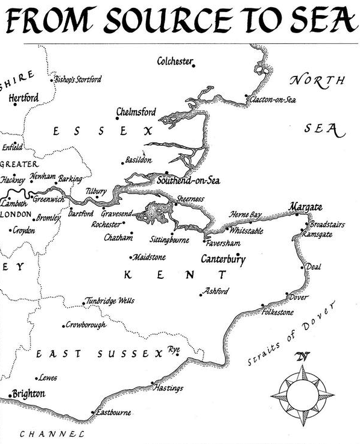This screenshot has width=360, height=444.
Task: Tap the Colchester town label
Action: coord(174,61)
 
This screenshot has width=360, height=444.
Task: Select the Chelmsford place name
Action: coord(136,113)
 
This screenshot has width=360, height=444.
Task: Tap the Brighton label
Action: coord(28,393)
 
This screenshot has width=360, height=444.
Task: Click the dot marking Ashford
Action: coord(200,295)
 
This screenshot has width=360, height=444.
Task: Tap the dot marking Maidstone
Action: coord(131,257)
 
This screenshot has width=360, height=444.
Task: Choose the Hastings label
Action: coord(169,389)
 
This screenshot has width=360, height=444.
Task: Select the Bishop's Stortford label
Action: coord(78,80)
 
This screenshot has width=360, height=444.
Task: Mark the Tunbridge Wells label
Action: coord(110,301)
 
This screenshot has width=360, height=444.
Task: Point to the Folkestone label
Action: coord(278,313)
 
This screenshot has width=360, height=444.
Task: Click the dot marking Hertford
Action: coord(14,105)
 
